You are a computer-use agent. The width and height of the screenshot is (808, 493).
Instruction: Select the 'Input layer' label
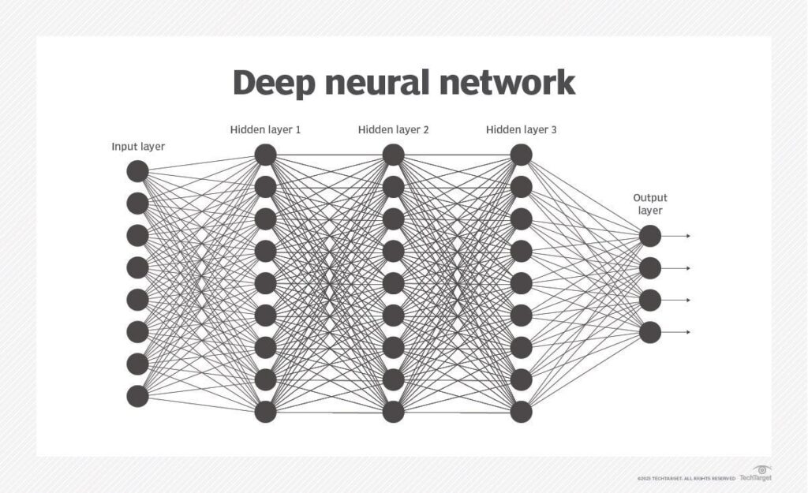coord(138,147)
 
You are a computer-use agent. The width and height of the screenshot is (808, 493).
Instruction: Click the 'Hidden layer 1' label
coord(265,129)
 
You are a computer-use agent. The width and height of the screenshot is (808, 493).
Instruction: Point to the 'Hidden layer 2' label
coord(393,129)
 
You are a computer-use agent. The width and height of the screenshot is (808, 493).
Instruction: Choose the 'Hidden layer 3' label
coord(521,129)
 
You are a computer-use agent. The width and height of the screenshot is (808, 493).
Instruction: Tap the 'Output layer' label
coord(649,204)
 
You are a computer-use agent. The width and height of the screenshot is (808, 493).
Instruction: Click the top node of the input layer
coord(138,171)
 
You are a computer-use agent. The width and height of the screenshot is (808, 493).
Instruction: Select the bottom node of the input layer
coord(138,396)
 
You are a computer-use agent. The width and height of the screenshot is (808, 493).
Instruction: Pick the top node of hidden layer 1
coord(265,155)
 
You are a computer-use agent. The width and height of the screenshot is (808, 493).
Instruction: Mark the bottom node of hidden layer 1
coord(265,412)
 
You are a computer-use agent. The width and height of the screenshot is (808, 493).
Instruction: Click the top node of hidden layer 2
coord(393,155)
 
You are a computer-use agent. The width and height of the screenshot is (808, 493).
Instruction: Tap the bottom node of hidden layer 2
coord(393,412)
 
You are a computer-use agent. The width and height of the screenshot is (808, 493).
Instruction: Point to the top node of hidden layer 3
coord(521,155)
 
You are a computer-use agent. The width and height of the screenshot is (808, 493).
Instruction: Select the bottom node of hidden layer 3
coord(521,412)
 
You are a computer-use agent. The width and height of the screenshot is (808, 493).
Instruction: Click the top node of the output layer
coord(649,236)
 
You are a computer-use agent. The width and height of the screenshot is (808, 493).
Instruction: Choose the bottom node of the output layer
coord(649,332)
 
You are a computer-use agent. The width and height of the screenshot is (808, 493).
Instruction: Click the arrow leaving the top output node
coord(677,236)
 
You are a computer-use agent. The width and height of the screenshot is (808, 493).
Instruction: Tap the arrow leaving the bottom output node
coord(677,332)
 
